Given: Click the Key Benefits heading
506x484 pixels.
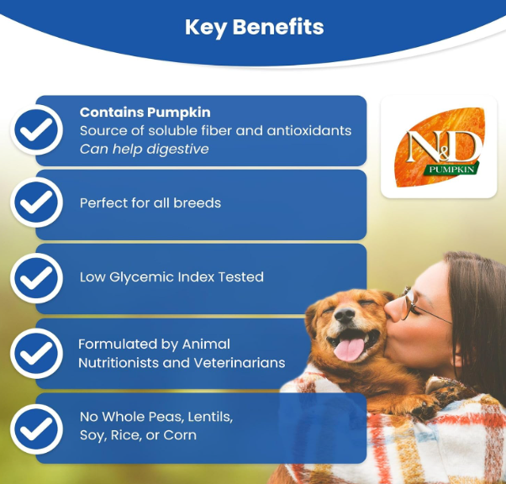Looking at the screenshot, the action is [255, 27].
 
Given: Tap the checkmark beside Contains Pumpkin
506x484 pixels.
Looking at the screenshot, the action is [36, 129].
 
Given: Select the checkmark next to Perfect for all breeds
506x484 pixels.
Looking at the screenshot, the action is [36, 203].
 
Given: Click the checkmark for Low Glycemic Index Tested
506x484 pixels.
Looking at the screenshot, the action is [36, 278].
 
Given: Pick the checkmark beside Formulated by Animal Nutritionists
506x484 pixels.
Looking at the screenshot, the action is [36, 353].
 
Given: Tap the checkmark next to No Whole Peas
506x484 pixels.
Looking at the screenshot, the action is [36, 429].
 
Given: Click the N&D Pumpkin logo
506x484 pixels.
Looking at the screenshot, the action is [440, 147].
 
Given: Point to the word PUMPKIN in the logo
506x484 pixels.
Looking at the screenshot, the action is [452, 169].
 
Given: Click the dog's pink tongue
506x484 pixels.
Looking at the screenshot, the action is [349, 350].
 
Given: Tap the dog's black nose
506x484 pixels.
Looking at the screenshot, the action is [345, 315].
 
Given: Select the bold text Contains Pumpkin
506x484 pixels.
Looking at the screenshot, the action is [145, 113].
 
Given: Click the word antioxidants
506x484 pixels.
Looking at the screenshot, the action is [309, 131].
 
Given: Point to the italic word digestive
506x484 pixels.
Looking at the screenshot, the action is [177, 150].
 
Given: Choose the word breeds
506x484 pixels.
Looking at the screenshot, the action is [198, 203].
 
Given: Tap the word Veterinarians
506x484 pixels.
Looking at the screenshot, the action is [240, 363].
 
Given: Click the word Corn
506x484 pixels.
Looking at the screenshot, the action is [180, 435].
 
